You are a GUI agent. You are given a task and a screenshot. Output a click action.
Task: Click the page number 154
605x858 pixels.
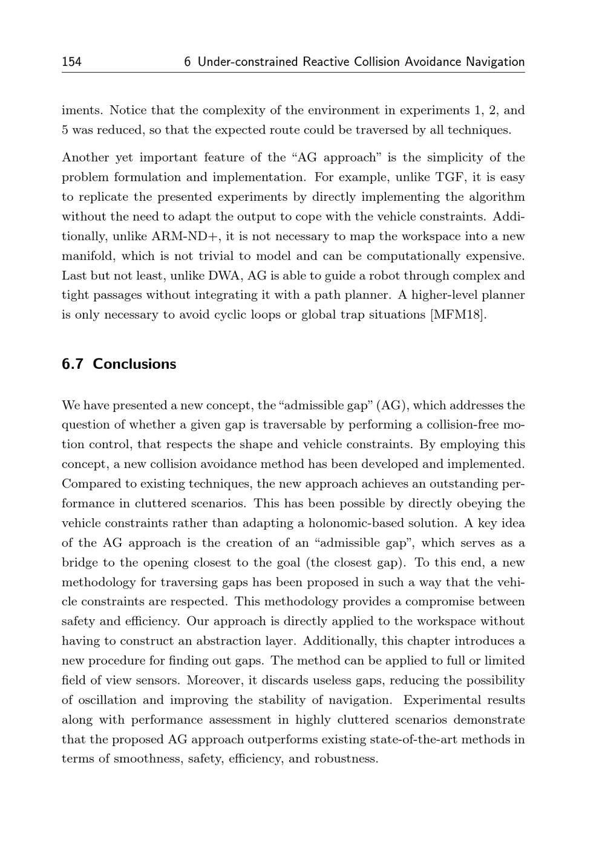(71, 62)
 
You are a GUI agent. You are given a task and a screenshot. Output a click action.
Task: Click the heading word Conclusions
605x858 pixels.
(134, 364)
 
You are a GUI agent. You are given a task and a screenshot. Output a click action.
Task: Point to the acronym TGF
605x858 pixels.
(450, 177)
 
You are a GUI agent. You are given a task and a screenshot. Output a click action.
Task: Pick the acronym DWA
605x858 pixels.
(226, 276)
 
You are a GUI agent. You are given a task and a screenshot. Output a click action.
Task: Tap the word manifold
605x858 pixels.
(87, 256)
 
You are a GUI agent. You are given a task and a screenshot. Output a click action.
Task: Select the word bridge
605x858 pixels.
(81, 562)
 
